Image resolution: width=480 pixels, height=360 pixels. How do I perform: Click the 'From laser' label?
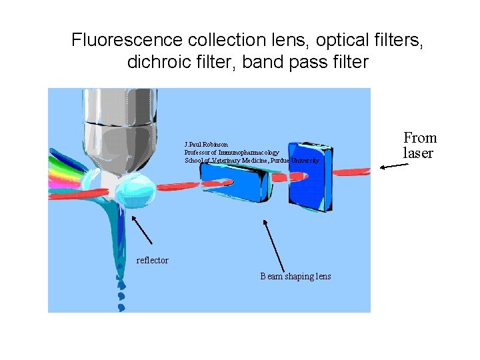419,145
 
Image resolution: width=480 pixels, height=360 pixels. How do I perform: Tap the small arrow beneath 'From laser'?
393,167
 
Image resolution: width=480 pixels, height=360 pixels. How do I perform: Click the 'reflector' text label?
152,260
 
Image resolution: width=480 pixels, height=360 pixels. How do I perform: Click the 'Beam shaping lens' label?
295,277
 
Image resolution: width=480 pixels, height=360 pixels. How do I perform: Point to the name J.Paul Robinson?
206,144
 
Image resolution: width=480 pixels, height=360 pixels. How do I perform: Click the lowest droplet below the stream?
121,307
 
